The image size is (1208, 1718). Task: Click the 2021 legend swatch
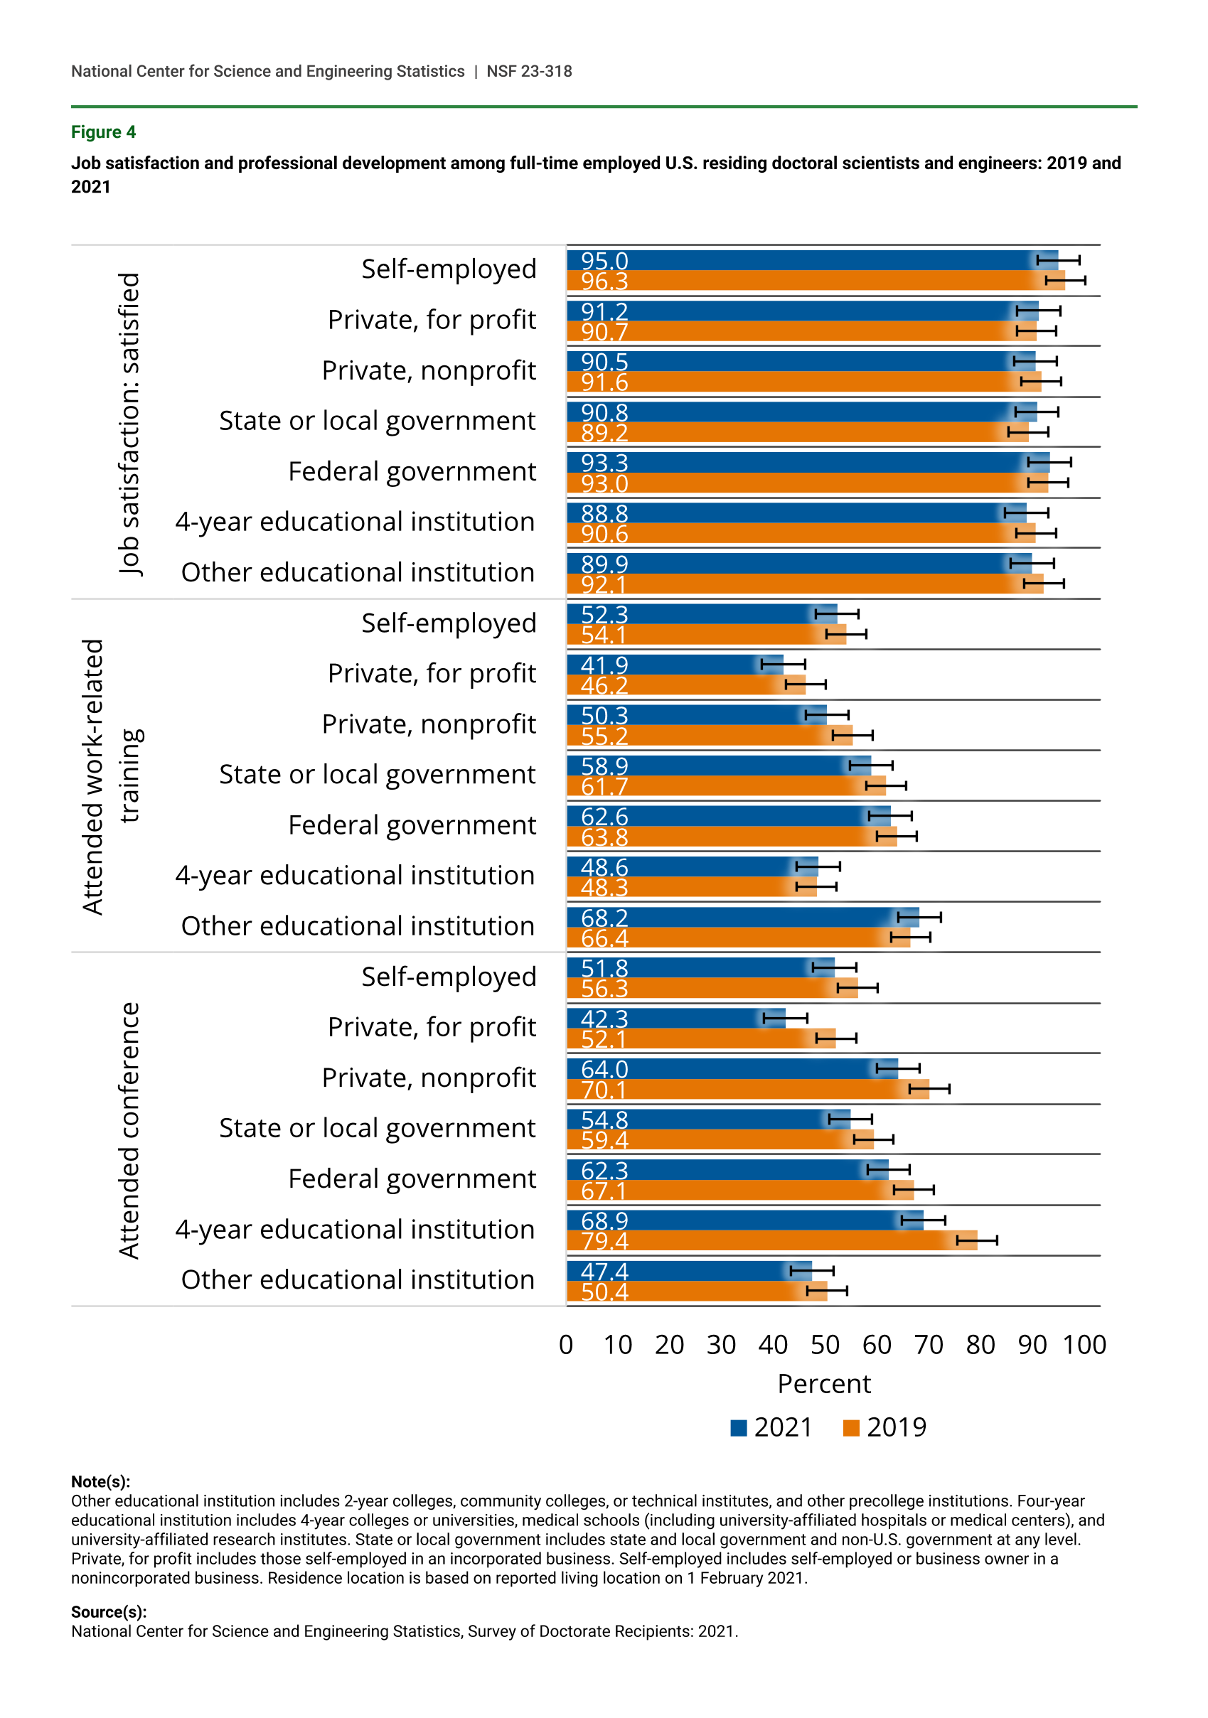coord(738,1428)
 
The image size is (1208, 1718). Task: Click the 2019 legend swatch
coord(851,1428)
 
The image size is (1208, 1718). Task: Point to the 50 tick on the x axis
coord(825,1345)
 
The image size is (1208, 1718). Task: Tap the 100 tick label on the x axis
coord(1084,1345)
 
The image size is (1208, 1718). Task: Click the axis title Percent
coord(824,1383)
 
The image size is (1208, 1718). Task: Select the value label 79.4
coord(605,1241)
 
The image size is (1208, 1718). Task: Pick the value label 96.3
coord(605,281)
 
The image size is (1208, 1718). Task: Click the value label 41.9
coord(605,665)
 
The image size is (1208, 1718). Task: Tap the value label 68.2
coord(605,918)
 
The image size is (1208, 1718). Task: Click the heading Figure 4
coord(103,132)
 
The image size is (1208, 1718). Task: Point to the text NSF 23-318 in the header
coord(529,71)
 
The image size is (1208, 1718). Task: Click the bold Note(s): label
coord(100,1481)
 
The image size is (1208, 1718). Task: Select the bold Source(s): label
coord(109,1612)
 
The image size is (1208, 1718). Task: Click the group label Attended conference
coord(129,1131)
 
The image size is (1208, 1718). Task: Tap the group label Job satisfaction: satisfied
coord(129,424)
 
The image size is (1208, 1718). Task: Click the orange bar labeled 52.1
coord(701,1038)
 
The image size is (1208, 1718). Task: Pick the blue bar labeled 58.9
coord(720,766)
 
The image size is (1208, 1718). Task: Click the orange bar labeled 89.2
coord(798,432)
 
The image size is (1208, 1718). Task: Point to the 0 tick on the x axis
coord(566,1345)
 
